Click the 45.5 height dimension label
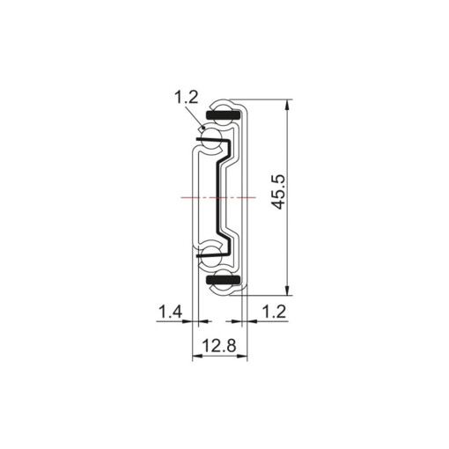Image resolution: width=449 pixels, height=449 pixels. click(277, 191)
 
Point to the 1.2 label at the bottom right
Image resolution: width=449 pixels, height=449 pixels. click(274, 311)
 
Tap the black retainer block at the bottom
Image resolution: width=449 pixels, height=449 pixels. click(221, 281)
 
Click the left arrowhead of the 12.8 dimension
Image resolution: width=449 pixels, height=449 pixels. click(196, 357)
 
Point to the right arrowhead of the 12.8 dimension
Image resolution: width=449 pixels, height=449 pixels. click(244, 357)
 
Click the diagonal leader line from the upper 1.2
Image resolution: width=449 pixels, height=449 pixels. click(198, 121)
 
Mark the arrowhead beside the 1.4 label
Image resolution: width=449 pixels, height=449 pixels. click(188, 322)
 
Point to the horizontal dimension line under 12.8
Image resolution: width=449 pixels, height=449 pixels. click(220, 357)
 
